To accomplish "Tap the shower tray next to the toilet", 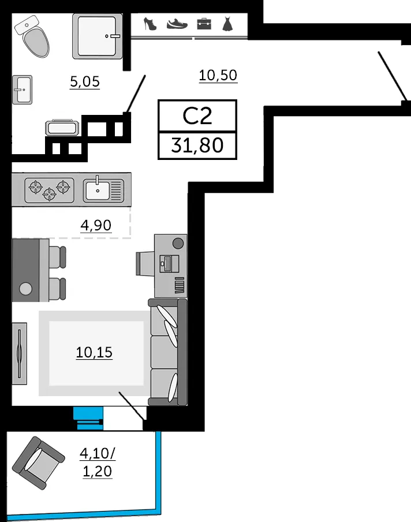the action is click(x=97, y=36).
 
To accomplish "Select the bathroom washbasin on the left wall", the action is click(x=23, y=90).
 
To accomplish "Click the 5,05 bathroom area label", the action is click(x=85, y=81).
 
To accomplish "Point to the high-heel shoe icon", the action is click(x=150, y=24).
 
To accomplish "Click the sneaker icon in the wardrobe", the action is click(x=177, y=24).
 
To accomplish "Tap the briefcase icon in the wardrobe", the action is click(x=204, y=24).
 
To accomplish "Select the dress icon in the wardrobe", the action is click(x=227, y=24).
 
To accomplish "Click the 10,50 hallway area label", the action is click(x=218, y=76).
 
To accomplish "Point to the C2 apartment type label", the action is click(x=197, y=116).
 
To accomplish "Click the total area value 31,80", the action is click(x=197, y=146).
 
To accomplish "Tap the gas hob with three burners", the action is click(x=49, y=190).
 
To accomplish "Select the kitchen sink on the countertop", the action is click(x=103, y=190).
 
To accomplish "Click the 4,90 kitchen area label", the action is click(x=96, y=225).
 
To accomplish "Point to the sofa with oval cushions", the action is click(x=168, y=352).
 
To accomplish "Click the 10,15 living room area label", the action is click(x=94, y=352).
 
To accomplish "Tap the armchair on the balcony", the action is click(x=38, y=463).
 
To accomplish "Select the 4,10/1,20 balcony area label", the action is click(x=98, y=463).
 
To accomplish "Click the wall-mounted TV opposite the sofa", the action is click(x=19, y=353).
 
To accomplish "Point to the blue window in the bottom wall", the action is click(x=88, y=419).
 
